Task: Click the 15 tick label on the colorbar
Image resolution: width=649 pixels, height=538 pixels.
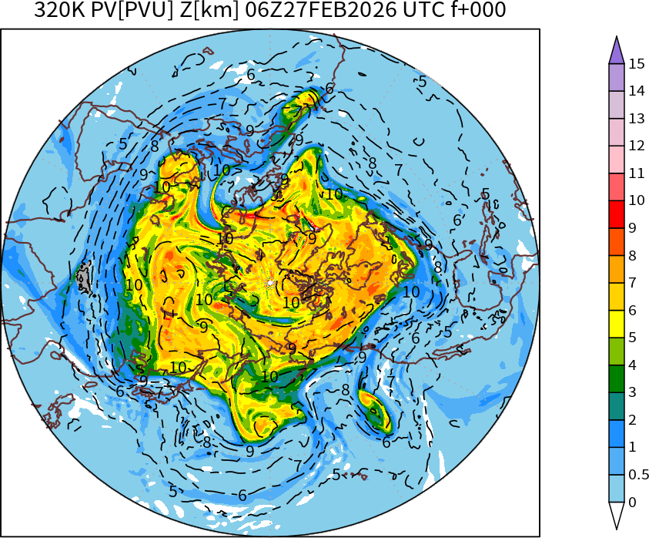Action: (x=636, y=64)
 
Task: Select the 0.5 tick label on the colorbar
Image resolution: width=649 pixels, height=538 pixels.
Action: (x=638, y=475)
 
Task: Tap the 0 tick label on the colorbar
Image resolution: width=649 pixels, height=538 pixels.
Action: (x=632, y=503)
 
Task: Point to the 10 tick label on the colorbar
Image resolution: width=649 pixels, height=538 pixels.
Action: (x=636, y=201)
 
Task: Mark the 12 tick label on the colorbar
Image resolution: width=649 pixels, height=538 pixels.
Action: (x=636, y=146)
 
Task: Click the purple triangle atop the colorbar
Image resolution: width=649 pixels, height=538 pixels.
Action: (x=616, y=51)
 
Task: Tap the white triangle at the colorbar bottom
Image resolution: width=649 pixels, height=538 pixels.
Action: (x=616, y=515)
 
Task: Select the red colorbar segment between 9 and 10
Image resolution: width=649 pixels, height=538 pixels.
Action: (x=616, y=214)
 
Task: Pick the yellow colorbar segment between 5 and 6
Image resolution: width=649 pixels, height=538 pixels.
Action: (x=616, y=324)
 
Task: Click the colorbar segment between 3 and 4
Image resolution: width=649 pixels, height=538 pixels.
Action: (x=616, y=378)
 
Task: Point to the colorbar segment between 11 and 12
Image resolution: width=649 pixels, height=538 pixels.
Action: (x=616, y=160)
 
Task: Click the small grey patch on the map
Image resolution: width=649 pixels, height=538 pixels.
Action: (x=84, y=276)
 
